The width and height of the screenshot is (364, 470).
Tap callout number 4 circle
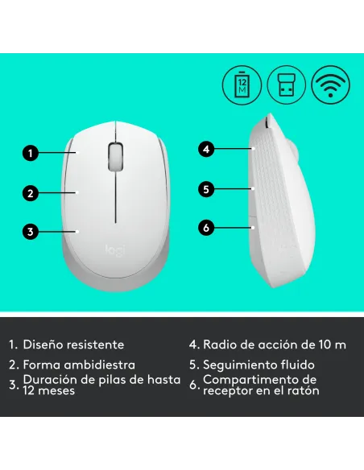(207, 149)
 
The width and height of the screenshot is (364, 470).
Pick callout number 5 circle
(207, 189)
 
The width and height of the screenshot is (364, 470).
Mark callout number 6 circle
(207, 228)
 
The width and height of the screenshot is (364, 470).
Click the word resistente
(96, 344)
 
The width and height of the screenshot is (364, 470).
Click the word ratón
(303, 391)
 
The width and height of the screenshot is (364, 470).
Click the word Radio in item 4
(219, 344)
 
